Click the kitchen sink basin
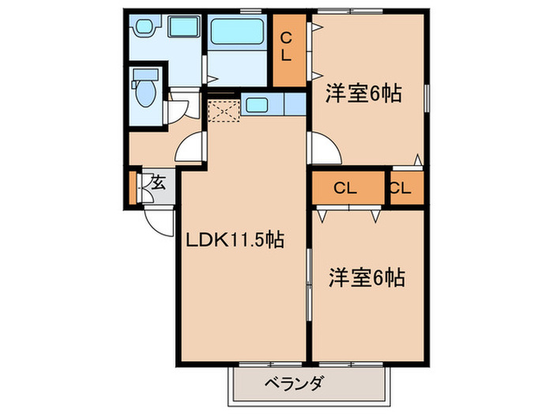(x=258, y=104)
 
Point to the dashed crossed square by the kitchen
(x=223, y=110)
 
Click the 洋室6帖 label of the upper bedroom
(x=364, y=93)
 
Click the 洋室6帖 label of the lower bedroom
(x=367, y=277)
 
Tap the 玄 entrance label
(x=157, y=183)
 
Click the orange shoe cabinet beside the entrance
(x=133, y=185)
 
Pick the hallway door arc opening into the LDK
(x=190, y=148)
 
